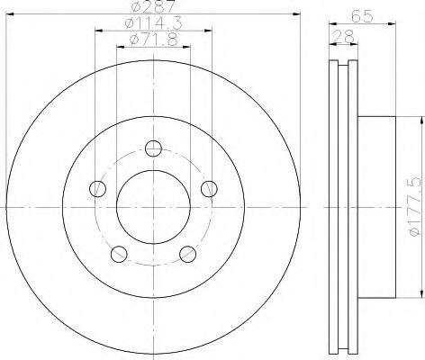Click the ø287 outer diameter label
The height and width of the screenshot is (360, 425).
pos(153,6)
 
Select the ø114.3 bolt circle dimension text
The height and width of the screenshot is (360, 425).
pos(153,23)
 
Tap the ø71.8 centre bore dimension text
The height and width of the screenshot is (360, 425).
pos(153,40)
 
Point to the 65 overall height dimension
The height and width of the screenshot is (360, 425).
pos(362,15)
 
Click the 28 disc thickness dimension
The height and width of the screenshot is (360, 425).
pos(343,37)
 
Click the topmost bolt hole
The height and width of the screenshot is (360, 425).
pos(153,148)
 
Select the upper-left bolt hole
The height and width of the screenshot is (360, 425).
pos(98,189)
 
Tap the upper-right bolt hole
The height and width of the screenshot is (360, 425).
pos(209,189)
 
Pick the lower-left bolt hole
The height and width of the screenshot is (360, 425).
pos(119,254)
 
